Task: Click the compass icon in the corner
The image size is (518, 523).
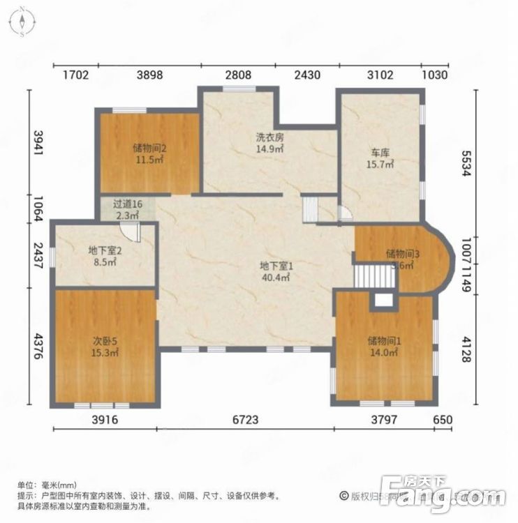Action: [x=23, y=22]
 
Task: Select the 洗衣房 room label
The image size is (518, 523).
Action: [x=269, y=137]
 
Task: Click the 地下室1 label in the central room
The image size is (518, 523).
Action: [x=276, y=266]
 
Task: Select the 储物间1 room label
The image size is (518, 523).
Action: [x=383, y=341]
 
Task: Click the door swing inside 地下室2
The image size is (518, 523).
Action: [x=134, y=232]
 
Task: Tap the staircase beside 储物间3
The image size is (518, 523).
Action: [x=368, y=273]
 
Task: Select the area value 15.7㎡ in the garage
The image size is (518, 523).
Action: [x=380, y=165]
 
